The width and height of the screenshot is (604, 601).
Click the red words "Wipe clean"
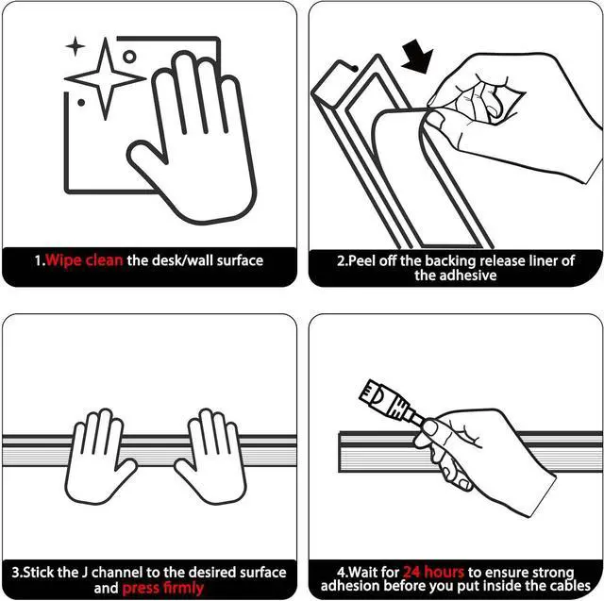84,260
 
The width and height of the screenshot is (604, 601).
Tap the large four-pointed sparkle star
105,78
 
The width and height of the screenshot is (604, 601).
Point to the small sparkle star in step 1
75,46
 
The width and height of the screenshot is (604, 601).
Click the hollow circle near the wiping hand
129,57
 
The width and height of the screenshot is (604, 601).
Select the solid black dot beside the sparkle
81,103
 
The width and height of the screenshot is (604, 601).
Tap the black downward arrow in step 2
417,57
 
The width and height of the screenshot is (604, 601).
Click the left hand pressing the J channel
99,457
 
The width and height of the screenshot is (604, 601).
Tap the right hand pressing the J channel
211,457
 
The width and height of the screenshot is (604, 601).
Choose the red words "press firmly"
163,589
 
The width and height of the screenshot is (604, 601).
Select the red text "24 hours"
433,572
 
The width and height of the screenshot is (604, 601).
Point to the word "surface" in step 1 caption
240,260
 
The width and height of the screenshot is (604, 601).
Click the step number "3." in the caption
17,572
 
